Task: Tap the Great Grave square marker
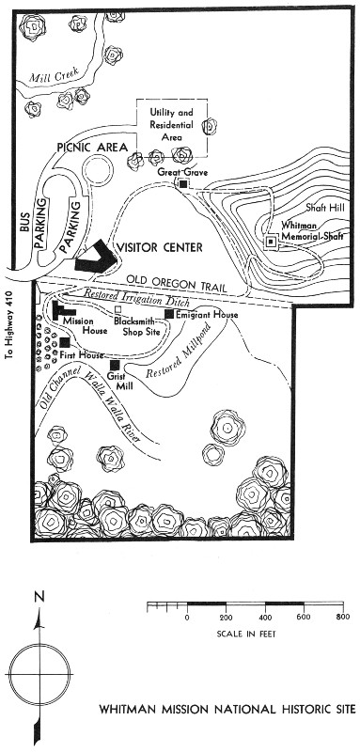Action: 182,184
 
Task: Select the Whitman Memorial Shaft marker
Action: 272,243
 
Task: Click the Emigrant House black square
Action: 169,314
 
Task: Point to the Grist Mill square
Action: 115,366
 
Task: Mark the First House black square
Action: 65,342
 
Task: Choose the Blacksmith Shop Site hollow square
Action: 117,309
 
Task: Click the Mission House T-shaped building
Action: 61,311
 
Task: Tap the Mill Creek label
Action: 54,76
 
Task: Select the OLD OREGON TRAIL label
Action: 176,284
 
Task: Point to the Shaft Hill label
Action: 324,208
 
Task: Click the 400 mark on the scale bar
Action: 265,618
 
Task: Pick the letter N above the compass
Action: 39,597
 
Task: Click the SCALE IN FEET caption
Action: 246,634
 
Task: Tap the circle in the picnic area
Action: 98,169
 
